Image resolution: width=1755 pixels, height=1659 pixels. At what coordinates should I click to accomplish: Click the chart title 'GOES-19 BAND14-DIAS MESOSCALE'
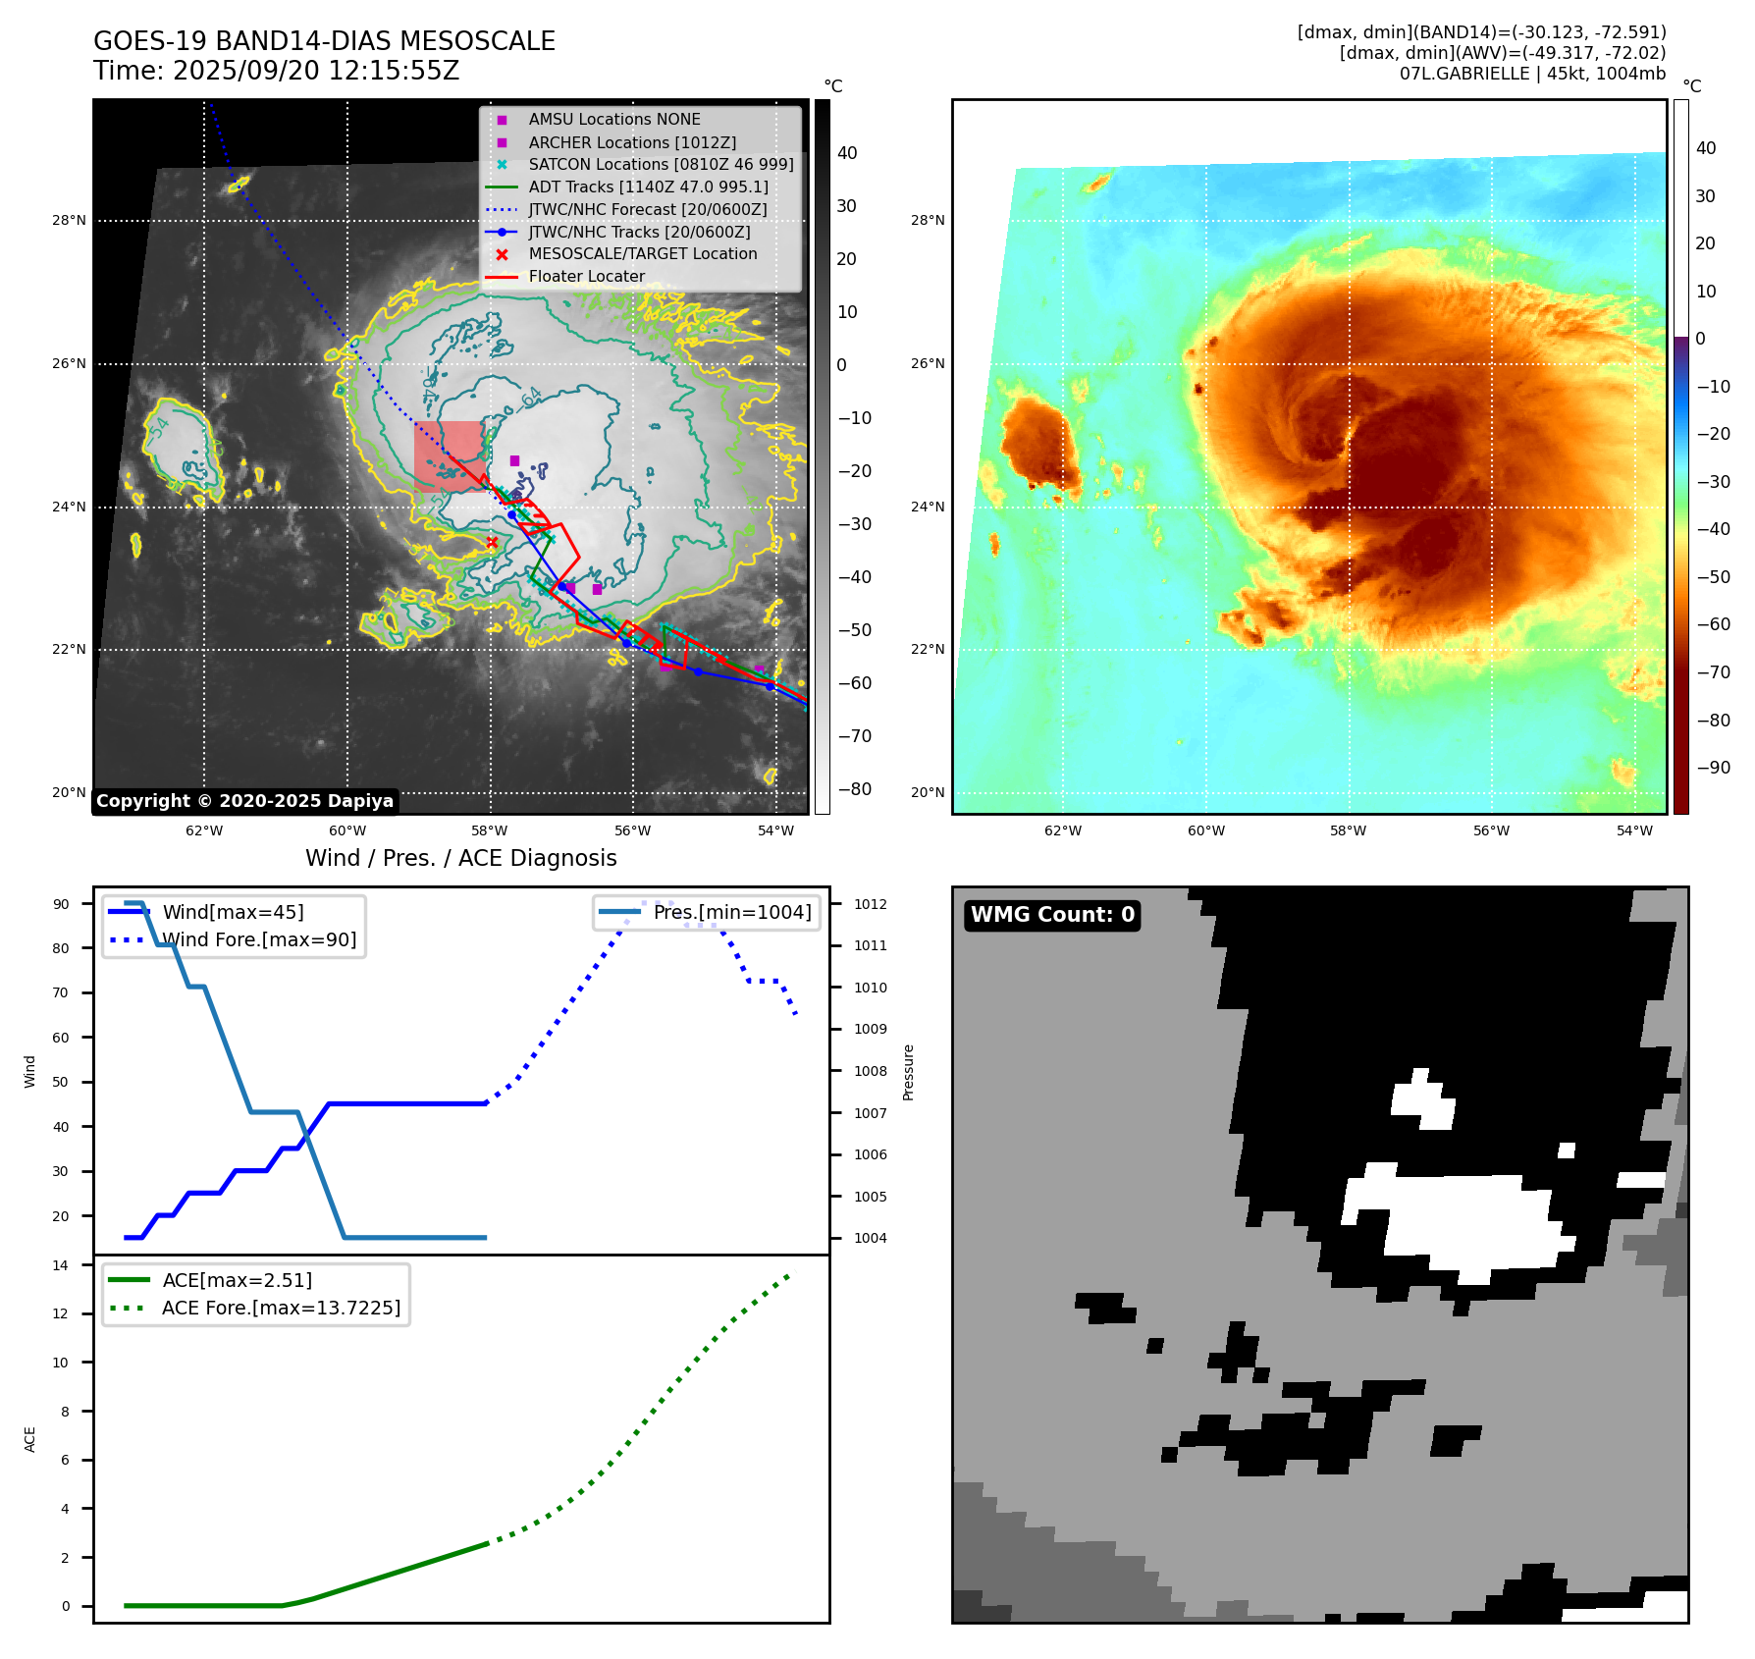(324, 41)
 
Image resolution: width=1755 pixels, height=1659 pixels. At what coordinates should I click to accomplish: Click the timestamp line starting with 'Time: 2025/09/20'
(276, 71)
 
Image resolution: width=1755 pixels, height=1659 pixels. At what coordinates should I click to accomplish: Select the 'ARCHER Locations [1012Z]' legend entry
(631, 142)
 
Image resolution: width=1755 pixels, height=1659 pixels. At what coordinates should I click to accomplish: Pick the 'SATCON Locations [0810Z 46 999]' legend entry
(661, 165)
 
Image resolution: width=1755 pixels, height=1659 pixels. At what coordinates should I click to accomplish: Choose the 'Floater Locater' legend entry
(586, 277)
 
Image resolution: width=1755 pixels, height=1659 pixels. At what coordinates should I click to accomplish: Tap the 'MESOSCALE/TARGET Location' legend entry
(642, 254)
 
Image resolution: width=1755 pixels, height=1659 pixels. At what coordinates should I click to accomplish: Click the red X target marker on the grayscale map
(493, 542)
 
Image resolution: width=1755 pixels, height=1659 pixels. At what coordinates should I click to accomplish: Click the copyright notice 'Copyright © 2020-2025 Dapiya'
(244, 801)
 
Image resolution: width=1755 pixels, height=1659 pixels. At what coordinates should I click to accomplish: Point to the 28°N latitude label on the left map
(70, 221)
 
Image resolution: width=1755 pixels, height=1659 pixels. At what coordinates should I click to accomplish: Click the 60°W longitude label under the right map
(1206, 830)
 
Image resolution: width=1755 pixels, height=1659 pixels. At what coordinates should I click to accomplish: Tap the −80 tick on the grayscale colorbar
(854, 789)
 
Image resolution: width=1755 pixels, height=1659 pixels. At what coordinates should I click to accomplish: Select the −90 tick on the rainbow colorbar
(1713, 768)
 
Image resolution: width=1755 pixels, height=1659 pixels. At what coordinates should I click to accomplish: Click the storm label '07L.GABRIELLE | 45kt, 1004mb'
(1532, 74)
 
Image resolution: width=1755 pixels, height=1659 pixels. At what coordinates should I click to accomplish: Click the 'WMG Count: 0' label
(1052, 915)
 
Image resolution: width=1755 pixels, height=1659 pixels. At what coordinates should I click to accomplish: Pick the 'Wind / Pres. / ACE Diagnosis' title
(461, 858)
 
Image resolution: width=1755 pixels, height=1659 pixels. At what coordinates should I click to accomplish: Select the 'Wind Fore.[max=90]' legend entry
(259, 939)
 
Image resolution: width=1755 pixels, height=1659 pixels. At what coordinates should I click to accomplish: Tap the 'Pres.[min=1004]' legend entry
(732, 912)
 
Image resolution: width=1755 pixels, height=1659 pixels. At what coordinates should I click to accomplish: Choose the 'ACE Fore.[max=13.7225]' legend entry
(281, 1308)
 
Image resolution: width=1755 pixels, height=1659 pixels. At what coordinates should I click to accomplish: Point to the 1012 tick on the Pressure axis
(870, 904)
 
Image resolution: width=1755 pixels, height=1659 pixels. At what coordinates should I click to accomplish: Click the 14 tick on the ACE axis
(61, 1265)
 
